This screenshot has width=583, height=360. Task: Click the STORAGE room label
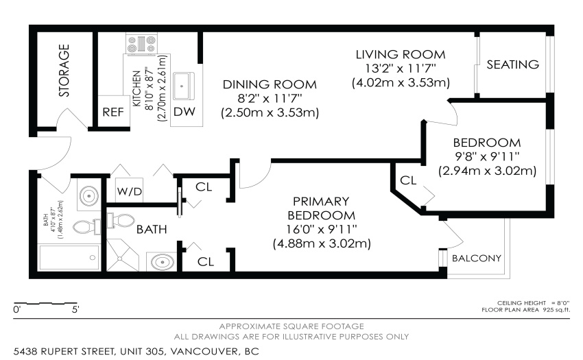point(64,71)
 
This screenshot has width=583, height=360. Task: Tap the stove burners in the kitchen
point(141,45)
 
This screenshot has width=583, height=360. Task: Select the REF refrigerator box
point(113,111)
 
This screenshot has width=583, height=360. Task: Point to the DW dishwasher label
point(185,112)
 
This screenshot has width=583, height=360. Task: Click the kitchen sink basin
point(182,86)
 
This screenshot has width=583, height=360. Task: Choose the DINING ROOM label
point(270,84)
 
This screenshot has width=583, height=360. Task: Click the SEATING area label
point(513,64)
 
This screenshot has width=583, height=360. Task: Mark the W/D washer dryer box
point(130,191)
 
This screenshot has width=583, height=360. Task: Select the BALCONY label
point(477,258)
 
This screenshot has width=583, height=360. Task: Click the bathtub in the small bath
point(69,257)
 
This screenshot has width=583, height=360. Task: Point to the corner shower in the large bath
point(122,255)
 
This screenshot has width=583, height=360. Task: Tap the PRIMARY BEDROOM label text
point(322,208)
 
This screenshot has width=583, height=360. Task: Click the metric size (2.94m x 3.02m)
point(488,171)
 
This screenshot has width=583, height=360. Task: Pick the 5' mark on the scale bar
point(75,309)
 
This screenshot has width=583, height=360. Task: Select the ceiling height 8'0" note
point(533,303)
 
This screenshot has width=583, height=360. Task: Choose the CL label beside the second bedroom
point(408,180)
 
